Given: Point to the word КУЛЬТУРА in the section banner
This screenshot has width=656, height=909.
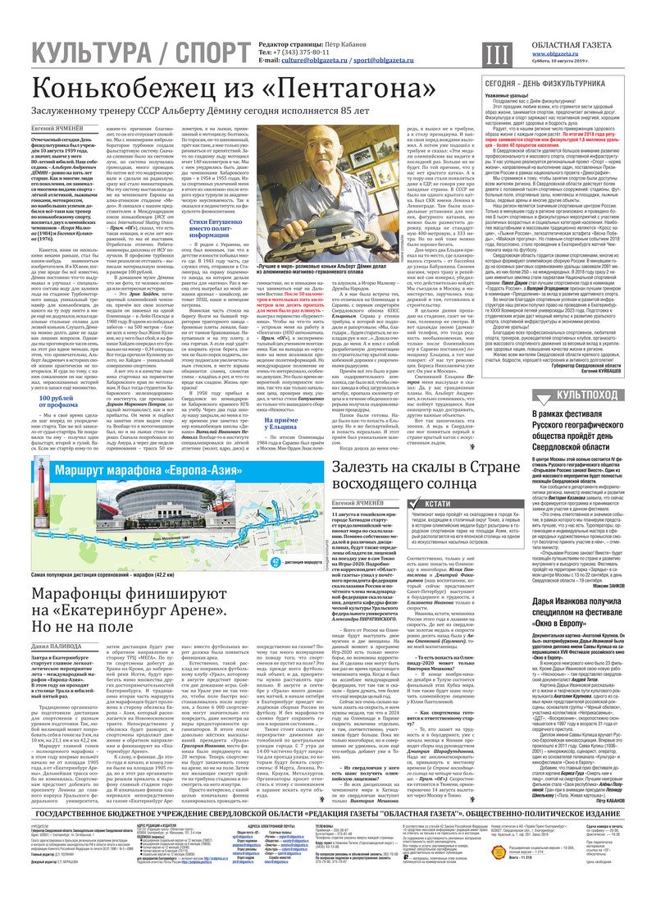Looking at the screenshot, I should coord(91,53).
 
